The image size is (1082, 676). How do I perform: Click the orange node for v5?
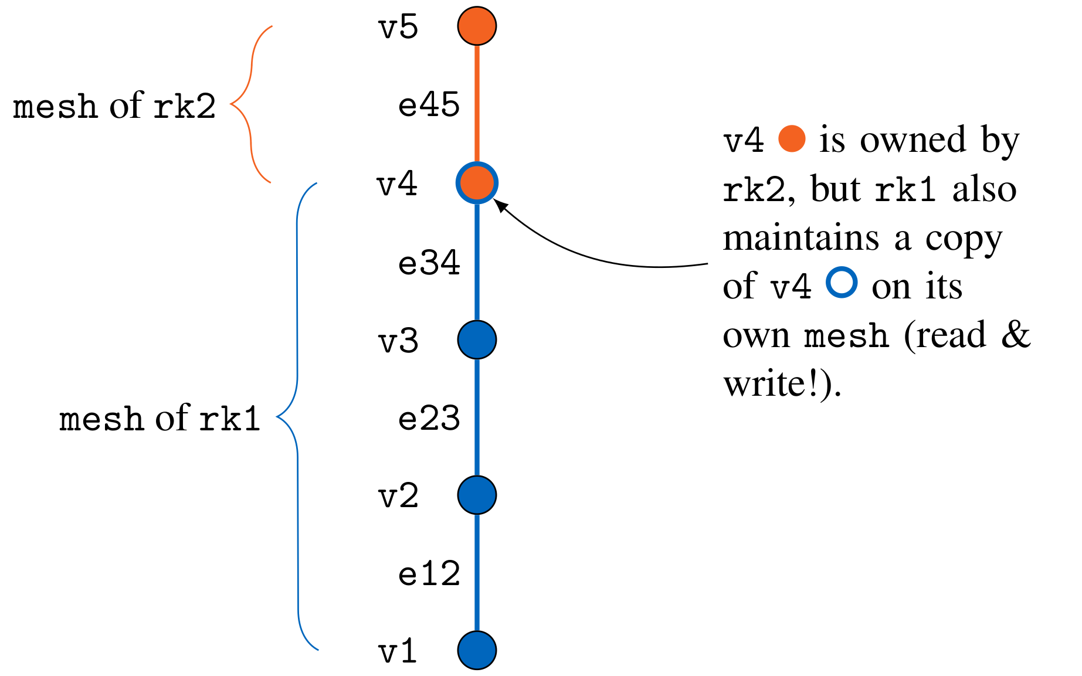tap(477, 26)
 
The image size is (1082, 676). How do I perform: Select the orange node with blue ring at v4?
tap(477, 183)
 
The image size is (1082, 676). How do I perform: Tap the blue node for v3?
tap(477, 339)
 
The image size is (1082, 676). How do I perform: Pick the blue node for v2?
tap(477, 495)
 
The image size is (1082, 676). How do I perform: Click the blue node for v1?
tap(477, 650)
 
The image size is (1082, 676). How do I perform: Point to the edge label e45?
tap(429, 106)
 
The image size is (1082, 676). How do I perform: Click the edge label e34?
tap(429, 263)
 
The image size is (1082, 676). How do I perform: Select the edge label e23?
tap(429, 419)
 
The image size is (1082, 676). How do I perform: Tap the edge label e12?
tap(429, 574)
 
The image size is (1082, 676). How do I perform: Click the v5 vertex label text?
tap(398, 28)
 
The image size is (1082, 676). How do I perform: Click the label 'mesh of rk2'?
tap(114, 107)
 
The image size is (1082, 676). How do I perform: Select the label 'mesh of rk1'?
tap(160, 419)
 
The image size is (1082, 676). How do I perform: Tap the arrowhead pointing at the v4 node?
tap(500, 205)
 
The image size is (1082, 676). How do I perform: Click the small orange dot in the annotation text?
tap(792, 140)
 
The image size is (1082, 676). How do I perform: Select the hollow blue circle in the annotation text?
tap(842, 283)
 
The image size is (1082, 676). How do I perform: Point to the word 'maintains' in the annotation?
tap(801, 238)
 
